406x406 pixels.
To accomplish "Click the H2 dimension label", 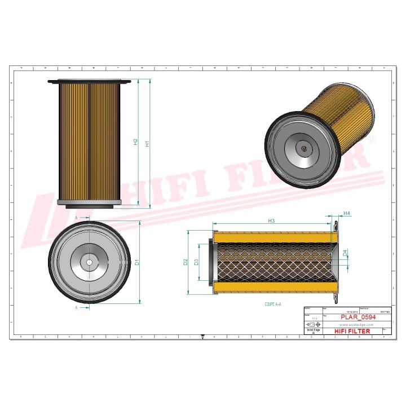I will [x=135, y=142].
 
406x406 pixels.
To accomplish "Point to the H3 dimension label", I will [x=271, y=221].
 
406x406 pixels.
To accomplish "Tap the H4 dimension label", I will [x=347, y=214].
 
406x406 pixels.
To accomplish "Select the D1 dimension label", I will [x=137, y=262].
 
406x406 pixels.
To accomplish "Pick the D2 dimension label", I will [x=185, y=262].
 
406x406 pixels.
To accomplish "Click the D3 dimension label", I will [x=196, y=262].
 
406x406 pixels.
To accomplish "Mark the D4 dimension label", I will [x=345, y=252].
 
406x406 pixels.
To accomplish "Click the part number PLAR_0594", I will [x=358, y=317].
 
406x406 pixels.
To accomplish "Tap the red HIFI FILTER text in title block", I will [x=352, y=331].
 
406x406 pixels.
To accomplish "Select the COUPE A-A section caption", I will [x=273, y=304].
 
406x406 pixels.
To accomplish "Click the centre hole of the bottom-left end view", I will [x=89, y=263].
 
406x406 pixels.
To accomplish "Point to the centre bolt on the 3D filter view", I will [x=304, y=149].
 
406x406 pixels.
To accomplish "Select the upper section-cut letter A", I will [x=76, y=216].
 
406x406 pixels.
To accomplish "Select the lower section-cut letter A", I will [x=76, y=308].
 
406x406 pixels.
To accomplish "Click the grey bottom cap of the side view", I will [x=90, y=203].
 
